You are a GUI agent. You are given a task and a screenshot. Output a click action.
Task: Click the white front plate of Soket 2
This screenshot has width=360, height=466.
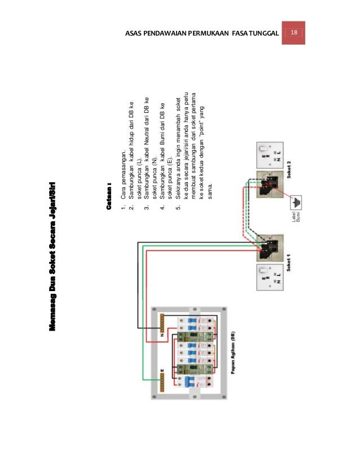pyautogui.click(x=270, y=154)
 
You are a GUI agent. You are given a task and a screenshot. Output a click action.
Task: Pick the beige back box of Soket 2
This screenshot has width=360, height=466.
pyautogui.click(x=270, y=184)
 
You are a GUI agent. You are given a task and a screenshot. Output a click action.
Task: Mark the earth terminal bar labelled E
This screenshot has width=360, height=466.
pyautogui.click(x=161, y=380)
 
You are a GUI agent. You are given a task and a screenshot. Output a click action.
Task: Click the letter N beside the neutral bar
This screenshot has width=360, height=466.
pyautogui.click(x=163, y=335)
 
